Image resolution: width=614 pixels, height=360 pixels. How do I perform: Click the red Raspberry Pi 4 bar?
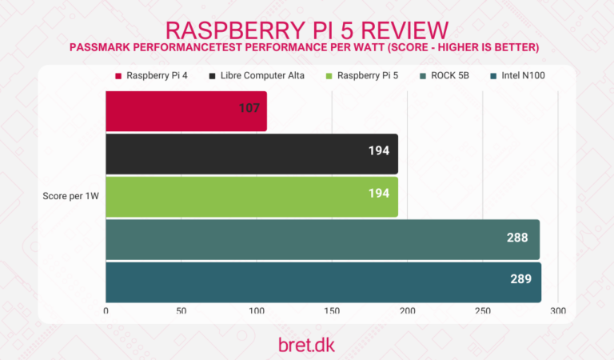pos(186,111)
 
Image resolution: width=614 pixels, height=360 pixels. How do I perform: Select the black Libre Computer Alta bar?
pos(252,154)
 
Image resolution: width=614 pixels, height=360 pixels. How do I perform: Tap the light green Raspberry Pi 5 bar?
pos(252,196)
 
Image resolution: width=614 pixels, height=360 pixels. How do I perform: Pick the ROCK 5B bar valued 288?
pos(322,239)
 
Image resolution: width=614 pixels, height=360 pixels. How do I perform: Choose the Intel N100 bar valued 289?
pos(323,282)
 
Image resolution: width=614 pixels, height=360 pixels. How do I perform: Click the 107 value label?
pos(249,106)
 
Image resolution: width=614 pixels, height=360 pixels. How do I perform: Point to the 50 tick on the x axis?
pos(181,310)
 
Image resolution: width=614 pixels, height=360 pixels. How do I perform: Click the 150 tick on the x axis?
pos(332,310)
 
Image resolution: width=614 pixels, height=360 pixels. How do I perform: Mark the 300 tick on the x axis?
pos(558,310)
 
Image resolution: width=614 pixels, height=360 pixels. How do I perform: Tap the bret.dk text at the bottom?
pos(306,342)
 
